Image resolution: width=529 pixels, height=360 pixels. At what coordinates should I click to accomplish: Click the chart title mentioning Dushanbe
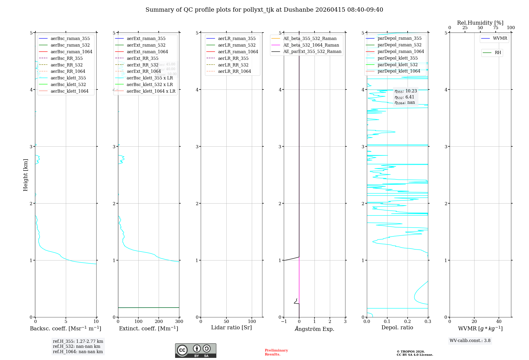[264, 10]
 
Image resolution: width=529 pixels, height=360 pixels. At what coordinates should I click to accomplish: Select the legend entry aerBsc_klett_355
[68, 78]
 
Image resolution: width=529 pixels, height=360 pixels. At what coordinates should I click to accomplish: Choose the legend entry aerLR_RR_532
[233, 65]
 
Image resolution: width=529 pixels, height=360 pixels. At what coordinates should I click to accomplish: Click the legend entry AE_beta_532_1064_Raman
[311, 45]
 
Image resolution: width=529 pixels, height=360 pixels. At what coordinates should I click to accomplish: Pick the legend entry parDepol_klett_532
[397, 65]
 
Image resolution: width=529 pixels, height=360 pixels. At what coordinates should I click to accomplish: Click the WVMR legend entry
[500, 38]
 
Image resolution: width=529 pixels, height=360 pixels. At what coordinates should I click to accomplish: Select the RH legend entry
[498, 53]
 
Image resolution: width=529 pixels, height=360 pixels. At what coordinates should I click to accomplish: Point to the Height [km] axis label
[25, 175]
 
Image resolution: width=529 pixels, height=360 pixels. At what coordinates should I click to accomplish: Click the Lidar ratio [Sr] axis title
[231, 327]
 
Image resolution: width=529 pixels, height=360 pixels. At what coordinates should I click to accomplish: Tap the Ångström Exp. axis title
[314, 329]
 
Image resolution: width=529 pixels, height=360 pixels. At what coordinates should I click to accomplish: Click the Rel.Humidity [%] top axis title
[480, 23]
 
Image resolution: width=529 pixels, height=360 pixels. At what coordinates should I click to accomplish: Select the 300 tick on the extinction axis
[179, 322]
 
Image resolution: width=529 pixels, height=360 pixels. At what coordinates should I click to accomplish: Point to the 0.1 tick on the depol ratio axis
[387, 322]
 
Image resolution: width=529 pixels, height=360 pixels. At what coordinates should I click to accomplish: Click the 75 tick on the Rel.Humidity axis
[495, 28]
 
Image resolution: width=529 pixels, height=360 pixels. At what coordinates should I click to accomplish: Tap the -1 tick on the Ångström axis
[284, 322]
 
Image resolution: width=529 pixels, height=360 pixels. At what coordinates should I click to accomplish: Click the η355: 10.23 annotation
[405, 91]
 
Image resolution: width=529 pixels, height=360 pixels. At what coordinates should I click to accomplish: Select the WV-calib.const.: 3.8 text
[470, 341]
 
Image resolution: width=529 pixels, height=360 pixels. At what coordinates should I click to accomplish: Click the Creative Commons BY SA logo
[195, 350]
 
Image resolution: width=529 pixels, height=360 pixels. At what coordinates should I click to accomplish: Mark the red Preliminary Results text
[276, 352]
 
